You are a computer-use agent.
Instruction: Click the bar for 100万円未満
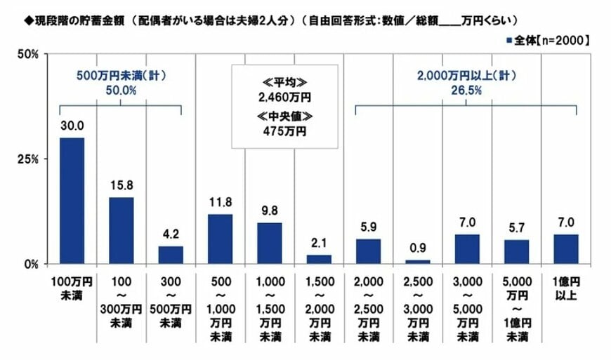tap(72, 201)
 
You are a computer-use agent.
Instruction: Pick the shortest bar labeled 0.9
tap(416, 262)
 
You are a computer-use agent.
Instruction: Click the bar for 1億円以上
tap(566, 249)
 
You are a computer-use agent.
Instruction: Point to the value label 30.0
tap(72, 126)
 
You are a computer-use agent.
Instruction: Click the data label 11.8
tap(220, 204)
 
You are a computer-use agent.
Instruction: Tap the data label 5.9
tap(368, 228)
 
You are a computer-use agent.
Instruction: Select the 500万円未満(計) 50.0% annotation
tap(121, 84)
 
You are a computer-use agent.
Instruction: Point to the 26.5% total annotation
tap(466, 90)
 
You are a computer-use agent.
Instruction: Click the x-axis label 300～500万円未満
tap(170, 302)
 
